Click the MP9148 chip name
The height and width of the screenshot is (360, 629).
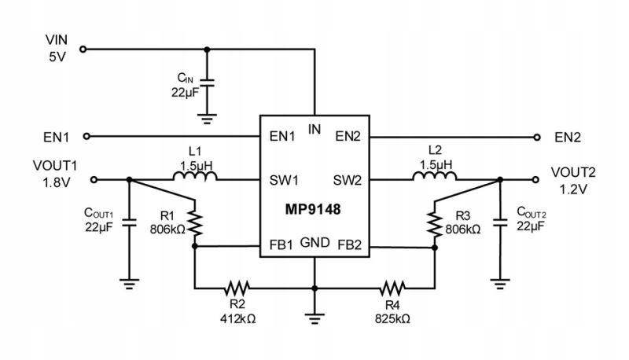(312, 209)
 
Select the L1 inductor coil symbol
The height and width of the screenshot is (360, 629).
(195, 175)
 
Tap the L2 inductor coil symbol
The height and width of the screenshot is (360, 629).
(435, 175)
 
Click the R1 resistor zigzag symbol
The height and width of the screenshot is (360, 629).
(195, 223)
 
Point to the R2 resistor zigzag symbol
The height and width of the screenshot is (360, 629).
(237, 288)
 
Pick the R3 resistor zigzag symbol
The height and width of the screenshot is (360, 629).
(435, 224)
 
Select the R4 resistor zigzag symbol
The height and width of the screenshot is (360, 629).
(392, 288)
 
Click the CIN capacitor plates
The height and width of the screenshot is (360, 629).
(207, 83)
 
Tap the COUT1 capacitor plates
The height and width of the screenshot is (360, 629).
(129, 222)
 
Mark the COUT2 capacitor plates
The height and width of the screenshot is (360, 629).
(500, 222)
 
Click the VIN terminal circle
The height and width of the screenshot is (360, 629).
(83, 50)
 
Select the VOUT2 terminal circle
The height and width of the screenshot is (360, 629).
(535, 180)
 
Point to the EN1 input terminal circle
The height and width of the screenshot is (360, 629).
(86, 136)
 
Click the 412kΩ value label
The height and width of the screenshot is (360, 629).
(238, 318)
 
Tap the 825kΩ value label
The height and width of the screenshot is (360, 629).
(392, 318)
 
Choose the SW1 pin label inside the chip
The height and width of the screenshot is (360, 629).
(284, 181)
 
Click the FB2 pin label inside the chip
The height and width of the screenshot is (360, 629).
(350, 244)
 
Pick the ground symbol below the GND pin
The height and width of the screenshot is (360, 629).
(314, 318)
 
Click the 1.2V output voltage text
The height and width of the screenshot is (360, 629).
(573, 189)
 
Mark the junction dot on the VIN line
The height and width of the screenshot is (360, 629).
(207, 50)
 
